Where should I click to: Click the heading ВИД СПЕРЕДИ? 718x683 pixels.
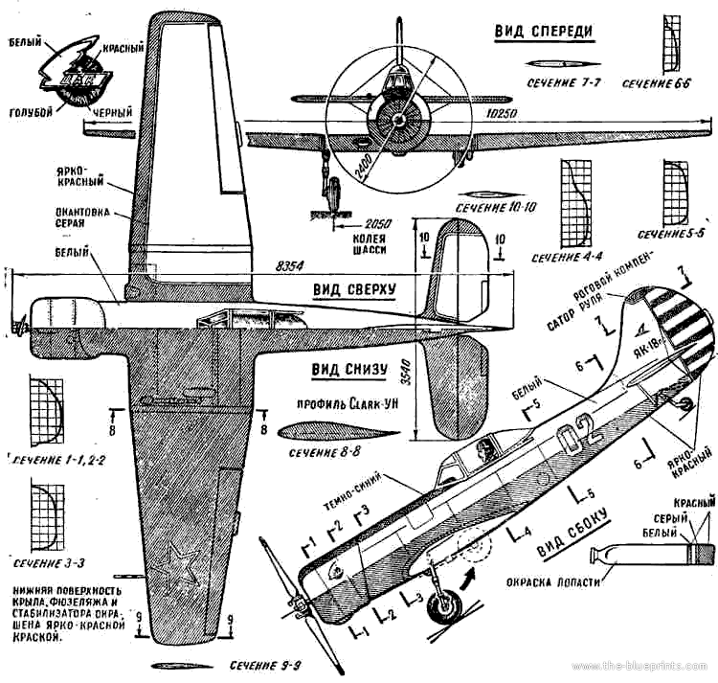[543, 32]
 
